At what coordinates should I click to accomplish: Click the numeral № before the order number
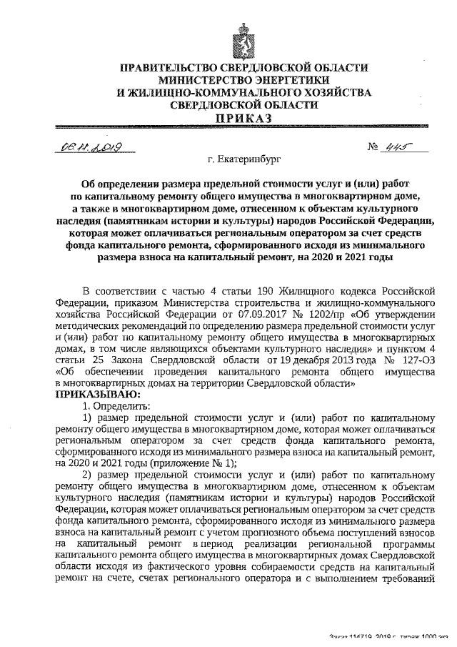point(372,149)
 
